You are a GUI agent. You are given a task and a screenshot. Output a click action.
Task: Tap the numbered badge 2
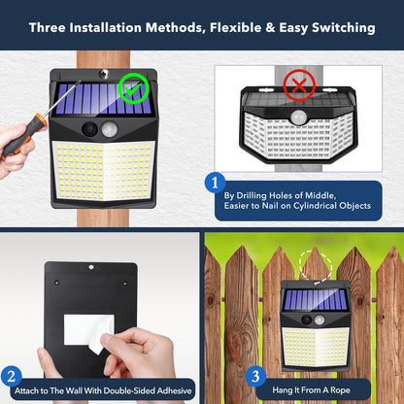pyautogui.click(x=13, y=376)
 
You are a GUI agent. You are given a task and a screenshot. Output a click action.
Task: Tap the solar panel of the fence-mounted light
pyautogui.click(x=315, y=300)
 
